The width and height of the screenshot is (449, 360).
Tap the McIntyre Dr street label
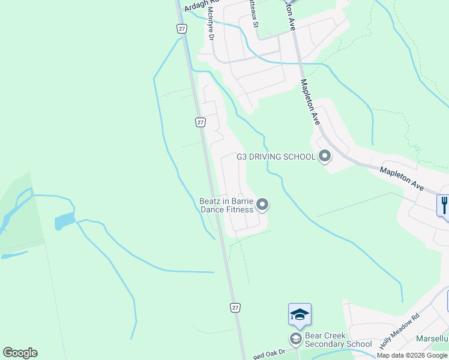[x=211, y=23]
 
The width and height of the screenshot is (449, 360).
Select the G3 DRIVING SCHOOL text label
[x=276, y=157]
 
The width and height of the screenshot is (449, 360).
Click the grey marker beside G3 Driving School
[x=325, y=157]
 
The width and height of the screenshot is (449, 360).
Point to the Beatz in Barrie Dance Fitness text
[x=226, y=206]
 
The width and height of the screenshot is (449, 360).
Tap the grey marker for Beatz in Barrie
[x=262, y=205]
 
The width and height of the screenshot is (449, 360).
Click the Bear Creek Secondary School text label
[x=338, y=340]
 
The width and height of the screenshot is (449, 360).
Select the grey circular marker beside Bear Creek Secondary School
[x=295, y=340]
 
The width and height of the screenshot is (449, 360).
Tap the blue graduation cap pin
[x=300, y=314]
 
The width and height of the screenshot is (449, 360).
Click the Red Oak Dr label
[x=267, y=355]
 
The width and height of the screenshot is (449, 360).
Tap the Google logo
[x=20, y=353]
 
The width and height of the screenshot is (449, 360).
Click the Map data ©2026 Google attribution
[x=412, y=355]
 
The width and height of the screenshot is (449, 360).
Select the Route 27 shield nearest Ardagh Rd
[x=182, y=28]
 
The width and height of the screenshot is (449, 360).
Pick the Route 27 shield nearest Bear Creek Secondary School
[x=235, y=307]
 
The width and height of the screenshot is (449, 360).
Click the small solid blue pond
[x=64, y=221]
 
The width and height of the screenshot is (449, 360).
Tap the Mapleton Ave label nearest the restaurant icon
[x=401, y=179]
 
